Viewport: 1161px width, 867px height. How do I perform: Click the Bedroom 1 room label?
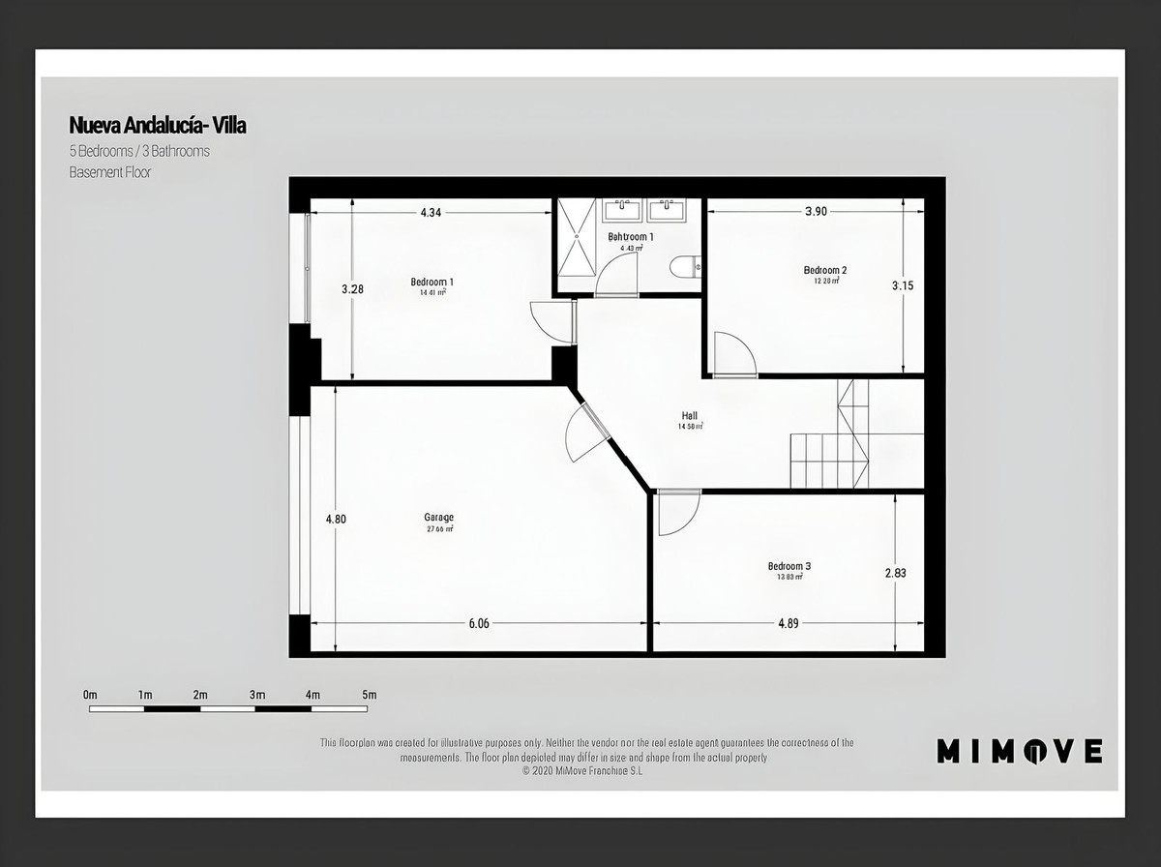click(x=432, y=283)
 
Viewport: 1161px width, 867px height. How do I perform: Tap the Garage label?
click(x=438, y=517)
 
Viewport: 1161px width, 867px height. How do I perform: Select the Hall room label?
click(x=689, y=416)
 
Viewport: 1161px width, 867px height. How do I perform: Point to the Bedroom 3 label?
click(x=789, y=566)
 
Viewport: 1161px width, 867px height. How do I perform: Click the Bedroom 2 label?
click(x=825, y=270)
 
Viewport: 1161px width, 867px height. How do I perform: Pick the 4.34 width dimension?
click(x=432, y=212)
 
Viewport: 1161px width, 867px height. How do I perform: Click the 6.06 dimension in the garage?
click(x=479, y=623)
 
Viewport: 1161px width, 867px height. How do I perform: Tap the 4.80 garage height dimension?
click(x=336, y=519)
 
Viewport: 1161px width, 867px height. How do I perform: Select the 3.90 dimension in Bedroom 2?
click(x=816, y=211)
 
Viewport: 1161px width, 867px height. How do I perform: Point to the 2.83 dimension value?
click(x=895, y=573)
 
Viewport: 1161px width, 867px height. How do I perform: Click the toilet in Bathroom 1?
click(x=685, y=266)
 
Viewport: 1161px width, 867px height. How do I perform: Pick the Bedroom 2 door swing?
click(x=732, y=353)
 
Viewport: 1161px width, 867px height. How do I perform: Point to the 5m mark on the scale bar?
click(x=368, y=695)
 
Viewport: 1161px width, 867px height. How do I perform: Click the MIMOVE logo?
click(x=1019, y=750)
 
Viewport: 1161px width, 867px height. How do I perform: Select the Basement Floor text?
click(x=109, y=172)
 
